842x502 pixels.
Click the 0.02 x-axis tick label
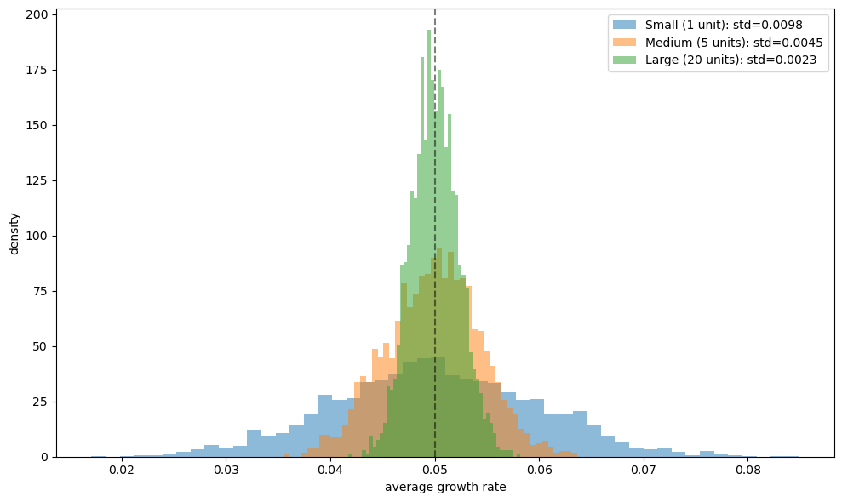coord(122,470)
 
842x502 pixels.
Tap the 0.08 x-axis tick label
coord(748,470)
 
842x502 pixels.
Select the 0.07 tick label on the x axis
coord(644,470)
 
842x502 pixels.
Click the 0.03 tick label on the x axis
coord(226,470)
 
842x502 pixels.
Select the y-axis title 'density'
coord(14,233)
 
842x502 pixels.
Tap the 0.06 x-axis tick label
coord(539,470)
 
